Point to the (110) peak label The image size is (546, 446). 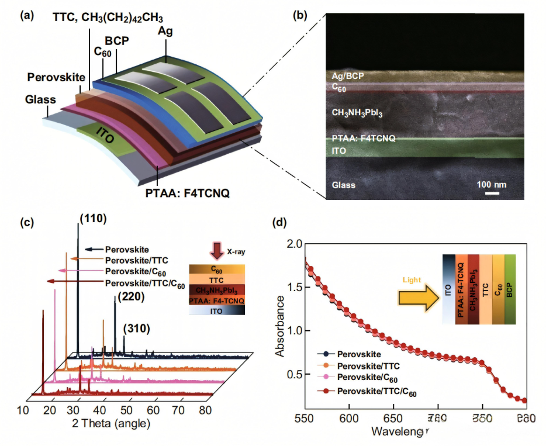click(92, 218)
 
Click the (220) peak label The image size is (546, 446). click(130, 298)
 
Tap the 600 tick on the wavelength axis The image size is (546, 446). click(349, 419)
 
